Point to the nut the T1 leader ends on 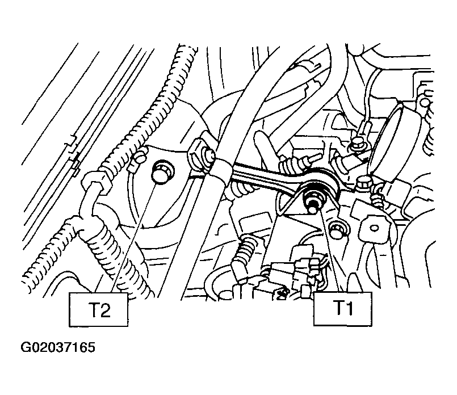tap(312, 200)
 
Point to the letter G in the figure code tap(27, 347)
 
